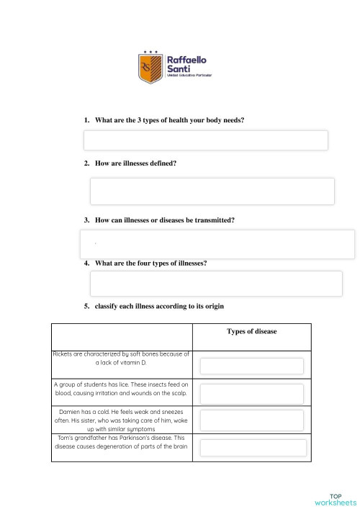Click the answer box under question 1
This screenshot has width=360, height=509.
click(x=206, y=140)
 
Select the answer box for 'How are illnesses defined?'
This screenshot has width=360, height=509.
click(x=212, y=192)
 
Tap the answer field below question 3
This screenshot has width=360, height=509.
click(x=217, y=244)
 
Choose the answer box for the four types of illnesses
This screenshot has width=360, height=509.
click(x=215, y=284)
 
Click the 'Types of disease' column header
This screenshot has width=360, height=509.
click(x=251, y=331)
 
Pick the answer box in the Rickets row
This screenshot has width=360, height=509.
click(x=251, y=366)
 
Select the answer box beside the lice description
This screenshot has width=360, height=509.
click(x=251, y=394)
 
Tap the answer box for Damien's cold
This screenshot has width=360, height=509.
click(x=251, y=420)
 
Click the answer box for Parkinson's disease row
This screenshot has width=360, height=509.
click(x=251, y=448)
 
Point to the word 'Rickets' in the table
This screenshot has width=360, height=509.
click(x=65, y=353)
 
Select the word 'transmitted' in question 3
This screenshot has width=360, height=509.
click(x=215, y=219)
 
